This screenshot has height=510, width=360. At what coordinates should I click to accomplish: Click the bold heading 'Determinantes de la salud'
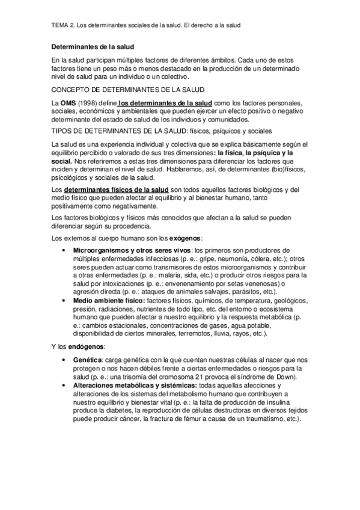[93, 46]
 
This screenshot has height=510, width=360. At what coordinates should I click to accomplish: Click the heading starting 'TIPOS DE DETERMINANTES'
[162, 130]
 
